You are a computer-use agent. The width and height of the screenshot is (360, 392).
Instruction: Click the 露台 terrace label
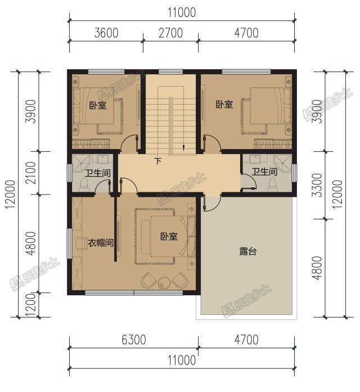247,251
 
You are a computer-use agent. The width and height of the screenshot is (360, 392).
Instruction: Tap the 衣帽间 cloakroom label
101,242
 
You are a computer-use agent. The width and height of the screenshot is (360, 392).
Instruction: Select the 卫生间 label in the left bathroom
98,173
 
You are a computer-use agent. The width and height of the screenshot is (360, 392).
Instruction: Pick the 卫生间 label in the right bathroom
264,172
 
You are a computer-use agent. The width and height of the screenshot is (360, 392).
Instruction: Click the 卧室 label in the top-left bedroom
98,105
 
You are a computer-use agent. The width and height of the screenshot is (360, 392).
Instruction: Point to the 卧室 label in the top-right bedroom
224,104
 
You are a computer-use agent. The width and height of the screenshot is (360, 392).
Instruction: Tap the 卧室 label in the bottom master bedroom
169,236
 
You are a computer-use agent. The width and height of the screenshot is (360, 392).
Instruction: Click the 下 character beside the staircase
157,161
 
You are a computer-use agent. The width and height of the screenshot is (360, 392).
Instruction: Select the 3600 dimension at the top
106,33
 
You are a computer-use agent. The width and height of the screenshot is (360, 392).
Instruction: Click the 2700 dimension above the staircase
171,33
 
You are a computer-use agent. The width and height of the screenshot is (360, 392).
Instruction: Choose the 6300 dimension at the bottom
134,340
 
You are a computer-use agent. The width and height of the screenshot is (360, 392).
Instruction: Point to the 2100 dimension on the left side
31,173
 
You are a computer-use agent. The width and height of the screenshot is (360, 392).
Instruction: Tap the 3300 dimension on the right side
318,185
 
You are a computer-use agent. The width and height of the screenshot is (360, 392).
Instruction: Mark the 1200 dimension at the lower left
31,305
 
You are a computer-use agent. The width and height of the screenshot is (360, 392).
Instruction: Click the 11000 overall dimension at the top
182,12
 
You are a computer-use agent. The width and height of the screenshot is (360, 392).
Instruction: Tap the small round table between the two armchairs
164,282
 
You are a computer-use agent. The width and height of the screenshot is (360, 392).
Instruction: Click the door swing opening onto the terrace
213,203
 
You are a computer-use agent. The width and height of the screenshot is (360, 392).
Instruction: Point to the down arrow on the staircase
184,147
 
